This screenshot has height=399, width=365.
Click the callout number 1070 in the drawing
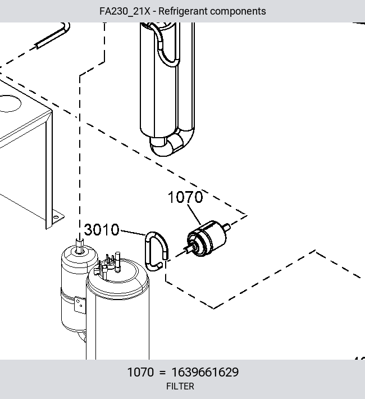185,197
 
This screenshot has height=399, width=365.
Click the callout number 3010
102,229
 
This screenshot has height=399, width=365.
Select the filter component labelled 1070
207,238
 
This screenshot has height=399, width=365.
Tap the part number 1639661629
206,372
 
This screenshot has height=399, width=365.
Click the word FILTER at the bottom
180,386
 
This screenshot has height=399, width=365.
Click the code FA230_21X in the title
125,11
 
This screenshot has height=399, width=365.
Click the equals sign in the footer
162,372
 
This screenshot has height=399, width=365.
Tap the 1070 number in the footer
140,372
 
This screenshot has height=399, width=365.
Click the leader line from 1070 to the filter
194,214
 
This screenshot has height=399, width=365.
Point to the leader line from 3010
133,233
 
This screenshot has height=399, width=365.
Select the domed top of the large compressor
117,275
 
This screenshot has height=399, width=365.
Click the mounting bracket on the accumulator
80,305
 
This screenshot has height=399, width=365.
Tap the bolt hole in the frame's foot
56,217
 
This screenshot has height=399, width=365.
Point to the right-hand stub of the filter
226,227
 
